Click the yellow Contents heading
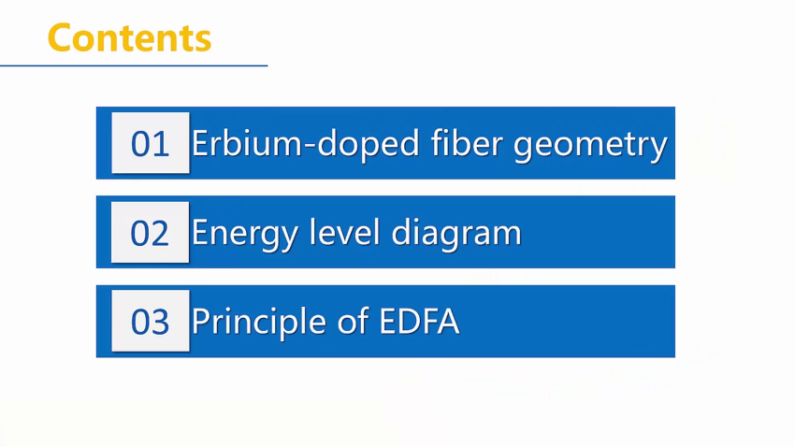(x=129, y=37)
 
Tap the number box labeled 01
(x=150, y=143)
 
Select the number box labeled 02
(x=150, y=233)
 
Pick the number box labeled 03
(x=150, y=321)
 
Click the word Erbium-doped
(x=306, y=144)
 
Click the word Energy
(x=245, y=234)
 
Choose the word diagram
(x=456, y=234)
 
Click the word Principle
(x=258, y=323)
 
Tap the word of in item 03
(x=353, y=321)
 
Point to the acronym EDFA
(x=419, y=322)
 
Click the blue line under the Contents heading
(x=134, y=65)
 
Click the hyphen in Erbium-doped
(x=310, y=146)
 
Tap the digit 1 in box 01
(x=162, y=144)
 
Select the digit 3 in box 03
(x=160, y=323)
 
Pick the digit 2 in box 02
(x=160, y=234)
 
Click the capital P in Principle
(x=200, y=322)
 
